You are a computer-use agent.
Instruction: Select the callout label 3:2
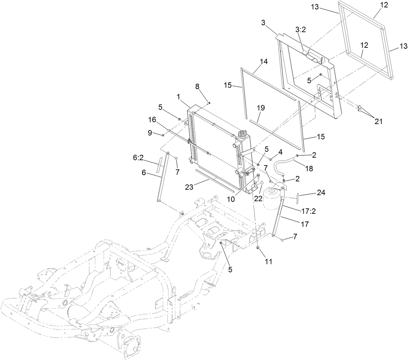pyautogui.click(x=300, y=30)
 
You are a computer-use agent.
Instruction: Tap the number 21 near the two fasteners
pyautogui.click(x=378, y=122)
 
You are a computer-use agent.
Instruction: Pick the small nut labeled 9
pyautogui.click(x=163, y=135)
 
